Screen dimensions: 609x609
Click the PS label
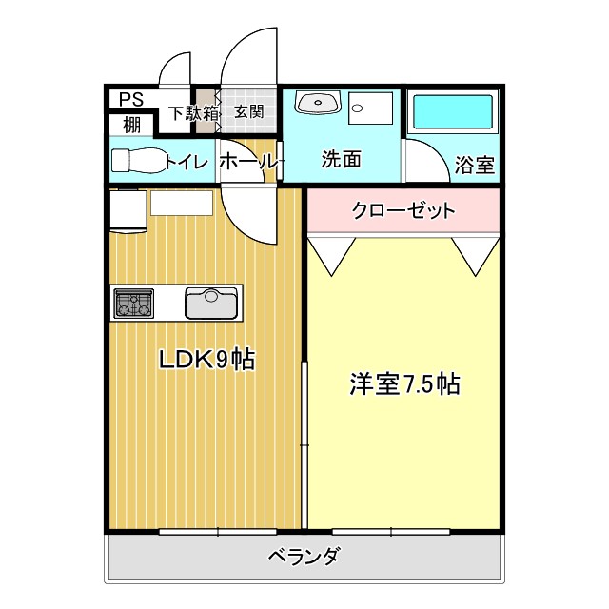(131, 98)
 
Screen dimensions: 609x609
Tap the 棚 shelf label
(131, 123)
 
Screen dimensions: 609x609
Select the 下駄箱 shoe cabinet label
(193, 112)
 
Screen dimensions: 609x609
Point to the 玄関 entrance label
(248, 112)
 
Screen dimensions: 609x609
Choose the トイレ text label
(187, 162)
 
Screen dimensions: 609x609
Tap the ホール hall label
(249, 162)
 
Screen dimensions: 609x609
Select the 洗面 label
(341, 159)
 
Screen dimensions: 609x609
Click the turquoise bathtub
(452, 113)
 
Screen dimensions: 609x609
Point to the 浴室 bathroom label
(474, 165)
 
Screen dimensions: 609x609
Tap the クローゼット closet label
(403, 210)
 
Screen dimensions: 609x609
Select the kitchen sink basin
(211, 304)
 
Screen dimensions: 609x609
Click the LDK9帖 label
(206, 360)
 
